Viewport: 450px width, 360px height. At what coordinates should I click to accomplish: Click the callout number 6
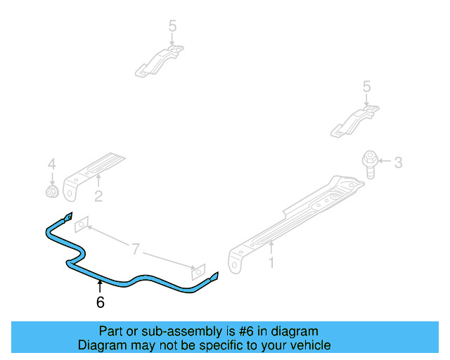100,302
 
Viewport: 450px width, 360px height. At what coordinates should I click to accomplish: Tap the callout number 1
271,263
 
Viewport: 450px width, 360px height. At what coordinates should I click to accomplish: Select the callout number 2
98,197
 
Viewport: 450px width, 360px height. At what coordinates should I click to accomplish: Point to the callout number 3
398,163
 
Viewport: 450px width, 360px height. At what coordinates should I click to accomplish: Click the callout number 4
51,165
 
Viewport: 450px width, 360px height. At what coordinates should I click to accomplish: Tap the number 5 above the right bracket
366,86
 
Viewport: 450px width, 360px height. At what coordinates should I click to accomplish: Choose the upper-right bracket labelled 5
355,119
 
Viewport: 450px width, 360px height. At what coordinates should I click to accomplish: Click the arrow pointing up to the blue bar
100,286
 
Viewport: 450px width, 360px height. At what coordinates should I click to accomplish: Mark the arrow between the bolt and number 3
385,163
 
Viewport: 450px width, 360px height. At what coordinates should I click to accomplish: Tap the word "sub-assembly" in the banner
166,331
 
